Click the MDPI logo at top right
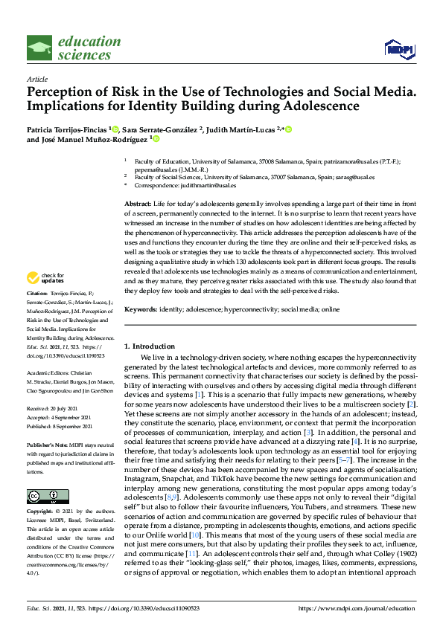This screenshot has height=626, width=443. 398,49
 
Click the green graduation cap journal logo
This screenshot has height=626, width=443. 39,48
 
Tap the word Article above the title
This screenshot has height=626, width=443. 36,78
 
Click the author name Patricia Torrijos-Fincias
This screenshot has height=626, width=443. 67,129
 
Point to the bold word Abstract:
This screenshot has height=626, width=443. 137,203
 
